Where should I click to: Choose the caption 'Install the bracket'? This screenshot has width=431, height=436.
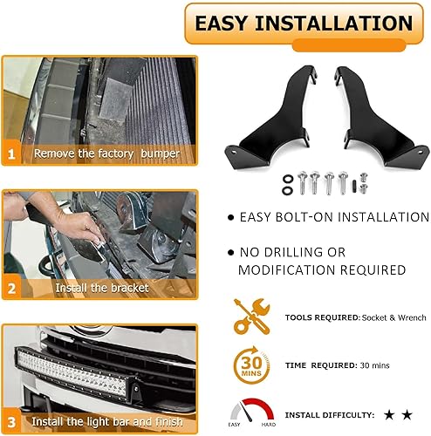(102, 287)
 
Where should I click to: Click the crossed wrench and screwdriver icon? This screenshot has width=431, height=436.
(251, 317)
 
